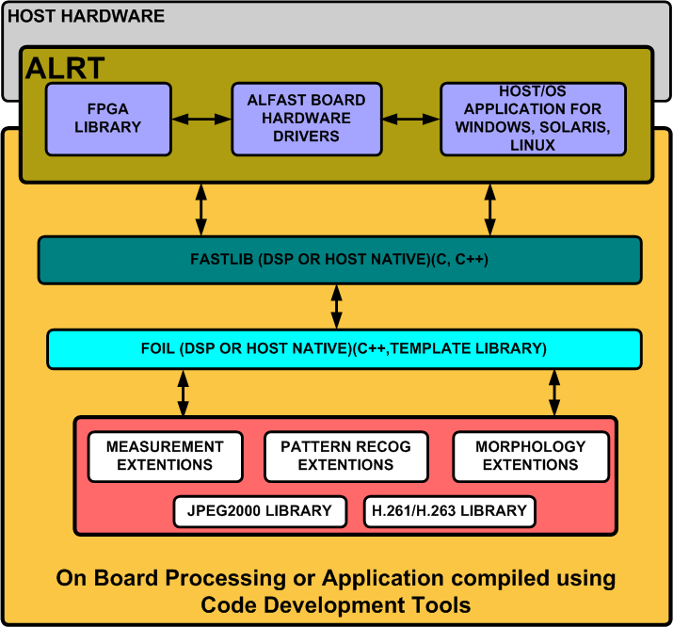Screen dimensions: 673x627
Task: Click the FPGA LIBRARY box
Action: click(108, 119)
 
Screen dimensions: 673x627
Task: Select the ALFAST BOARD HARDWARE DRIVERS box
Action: click(307, 119)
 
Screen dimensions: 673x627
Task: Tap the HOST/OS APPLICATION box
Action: click(533, 119)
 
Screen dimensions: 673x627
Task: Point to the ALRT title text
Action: click(65, 68)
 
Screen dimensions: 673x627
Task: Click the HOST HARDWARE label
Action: click(86, 16)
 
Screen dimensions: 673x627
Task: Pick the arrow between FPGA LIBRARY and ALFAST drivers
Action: click(201, 119)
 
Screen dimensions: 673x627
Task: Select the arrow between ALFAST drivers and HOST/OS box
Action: click(411, 119)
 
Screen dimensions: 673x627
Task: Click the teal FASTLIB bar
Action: click(340, 260)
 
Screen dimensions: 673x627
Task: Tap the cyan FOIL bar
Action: click(345, 348)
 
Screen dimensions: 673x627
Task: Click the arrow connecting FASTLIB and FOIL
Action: click(337, 306)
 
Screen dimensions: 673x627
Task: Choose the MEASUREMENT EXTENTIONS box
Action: click(166, 457)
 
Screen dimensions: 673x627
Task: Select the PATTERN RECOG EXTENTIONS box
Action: click(346, 457)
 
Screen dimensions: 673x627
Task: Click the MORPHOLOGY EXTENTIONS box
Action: click(531, 457)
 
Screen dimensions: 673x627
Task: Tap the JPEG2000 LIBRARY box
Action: click(260, 511)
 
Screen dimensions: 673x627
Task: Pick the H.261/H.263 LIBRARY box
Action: click(449, 511)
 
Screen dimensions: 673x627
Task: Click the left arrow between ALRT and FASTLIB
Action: click(200, 210)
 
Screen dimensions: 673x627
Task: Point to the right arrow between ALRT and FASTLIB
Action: click(490, 210)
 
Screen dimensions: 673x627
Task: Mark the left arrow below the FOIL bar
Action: click(184, 393)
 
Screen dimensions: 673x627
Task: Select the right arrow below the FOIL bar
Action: click(554, 393)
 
